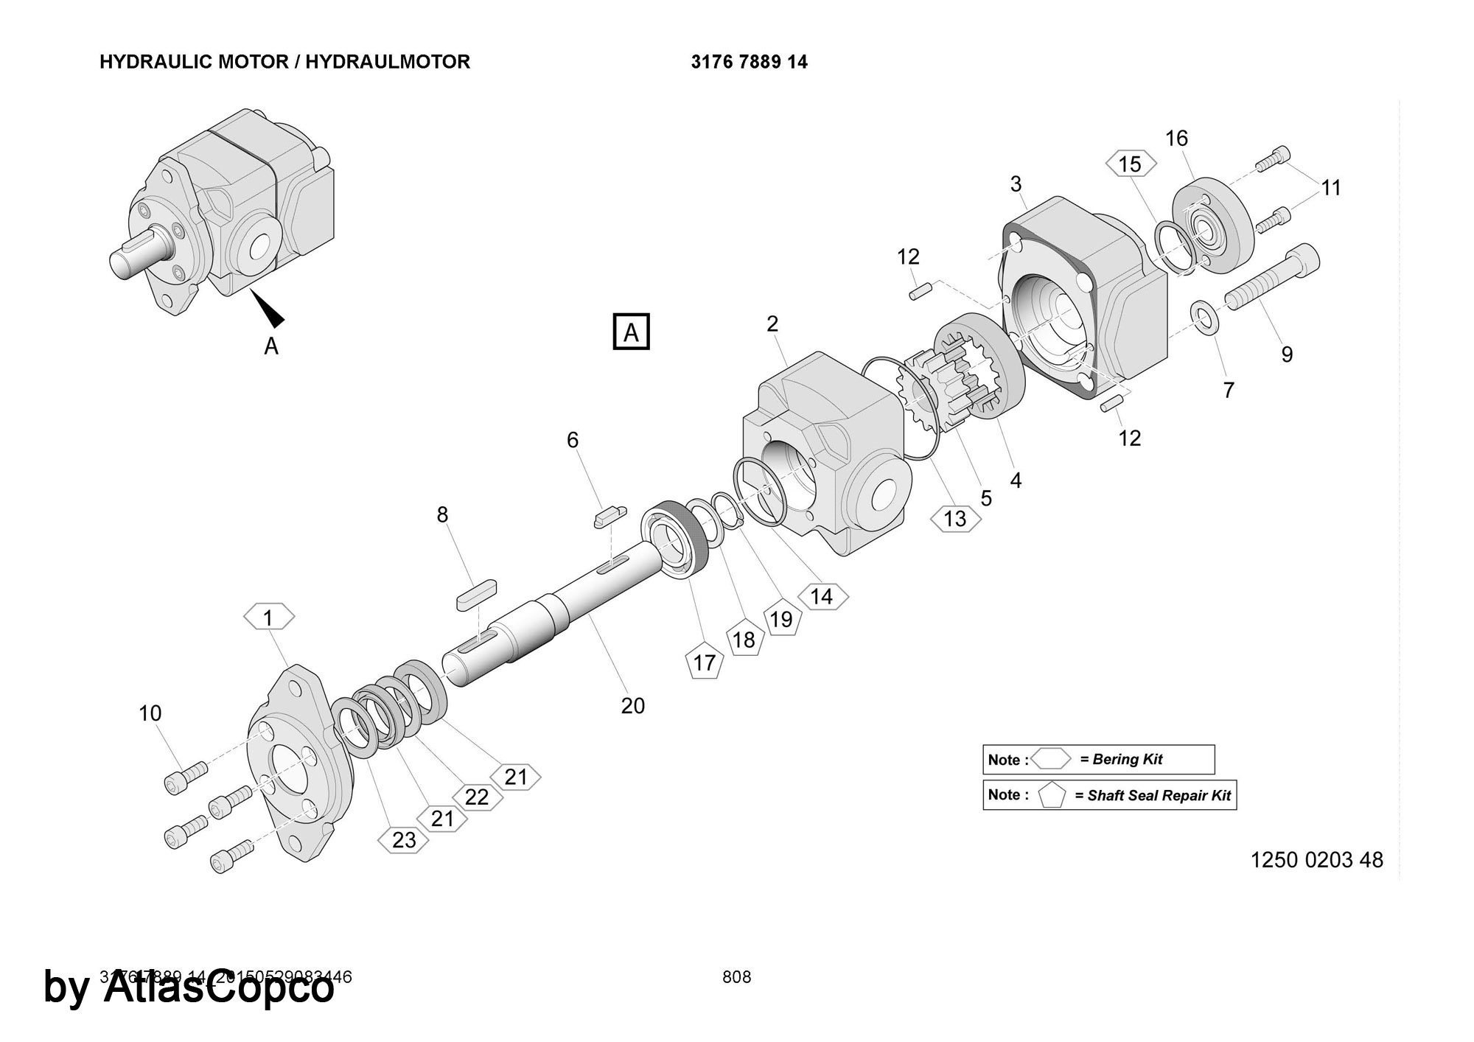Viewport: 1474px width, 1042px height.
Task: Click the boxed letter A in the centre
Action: point(631,332)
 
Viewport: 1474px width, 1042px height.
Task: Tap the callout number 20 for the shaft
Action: point(632,706)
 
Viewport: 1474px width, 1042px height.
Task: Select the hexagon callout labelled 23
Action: point(403,840)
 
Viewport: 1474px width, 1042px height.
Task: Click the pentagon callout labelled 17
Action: point(704,662)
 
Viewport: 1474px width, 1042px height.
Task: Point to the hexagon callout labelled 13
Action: point(955,519)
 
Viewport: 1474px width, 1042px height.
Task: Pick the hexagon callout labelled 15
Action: point(1129,164)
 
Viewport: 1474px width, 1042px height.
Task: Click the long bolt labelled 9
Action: point(1271,280)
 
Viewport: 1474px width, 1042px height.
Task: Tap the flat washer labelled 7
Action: point(1205,316)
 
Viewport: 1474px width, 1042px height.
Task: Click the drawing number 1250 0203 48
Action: point(1316,860)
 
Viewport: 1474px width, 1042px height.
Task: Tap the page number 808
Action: point(736,977)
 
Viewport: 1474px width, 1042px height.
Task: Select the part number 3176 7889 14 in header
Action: point(749,62)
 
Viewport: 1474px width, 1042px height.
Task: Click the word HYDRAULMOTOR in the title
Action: point(388,62)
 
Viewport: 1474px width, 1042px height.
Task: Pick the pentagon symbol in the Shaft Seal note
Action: point(1052,796)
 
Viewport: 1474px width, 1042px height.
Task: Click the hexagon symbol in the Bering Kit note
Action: point(1050,759)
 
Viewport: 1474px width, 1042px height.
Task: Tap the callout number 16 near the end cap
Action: point(1176,138)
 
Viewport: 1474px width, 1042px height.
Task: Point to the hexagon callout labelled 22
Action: point(477,797)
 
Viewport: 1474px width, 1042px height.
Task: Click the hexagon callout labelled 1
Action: point(268,618)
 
